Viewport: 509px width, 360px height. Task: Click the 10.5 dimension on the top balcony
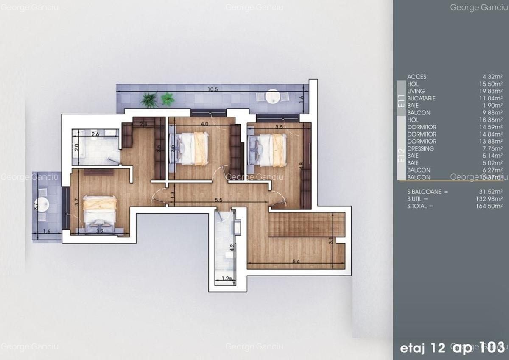point(213,89)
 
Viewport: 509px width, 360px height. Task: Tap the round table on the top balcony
point(271,98)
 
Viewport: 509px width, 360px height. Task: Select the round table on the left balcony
point(43,205)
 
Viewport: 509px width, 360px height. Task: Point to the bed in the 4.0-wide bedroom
point(191,148)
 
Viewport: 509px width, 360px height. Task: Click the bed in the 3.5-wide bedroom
point(268,150)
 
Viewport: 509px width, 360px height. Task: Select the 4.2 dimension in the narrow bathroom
point(232,246)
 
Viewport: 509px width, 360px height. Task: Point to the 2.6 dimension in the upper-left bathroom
point(95,134)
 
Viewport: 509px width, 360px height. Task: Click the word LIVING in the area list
point(416,91)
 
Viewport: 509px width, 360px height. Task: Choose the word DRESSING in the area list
point(420,149)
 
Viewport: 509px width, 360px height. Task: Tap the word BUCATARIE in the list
point(421,98)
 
